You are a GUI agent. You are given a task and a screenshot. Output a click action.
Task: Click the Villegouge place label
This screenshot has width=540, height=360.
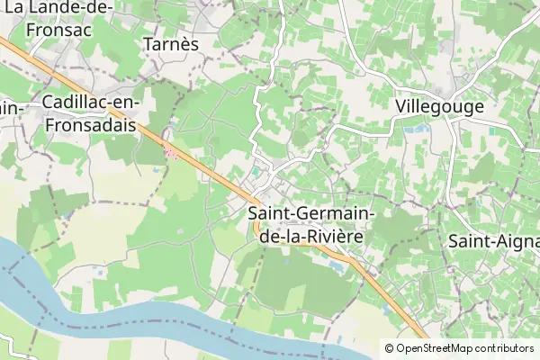click(439, 106)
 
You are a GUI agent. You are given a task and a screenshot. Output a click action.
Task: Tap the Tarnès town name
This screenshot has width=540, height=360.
click(170, 43)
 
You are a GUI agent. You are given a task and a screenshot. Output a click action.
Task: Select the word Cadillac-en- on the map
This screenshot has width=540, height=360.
click(88, 103)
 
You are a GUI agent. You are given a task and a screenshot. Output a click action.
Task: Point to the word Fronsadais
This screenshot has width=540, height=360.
click(89, 126)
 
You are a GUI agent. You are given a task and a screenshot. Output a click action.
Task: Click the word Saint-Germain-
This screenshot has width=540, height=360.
click(311, 215)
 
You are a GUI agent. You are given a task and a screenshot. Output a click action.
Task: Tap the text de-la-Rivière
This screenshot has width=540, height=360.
click(310, 238)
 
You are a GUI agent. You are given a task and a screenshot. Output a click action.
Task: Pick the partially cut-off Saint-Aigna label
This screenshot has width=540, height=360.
click(493, 241)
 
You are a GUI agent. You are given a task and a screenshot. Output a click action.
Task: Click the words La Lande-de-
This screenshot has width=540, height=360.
click(58, 7)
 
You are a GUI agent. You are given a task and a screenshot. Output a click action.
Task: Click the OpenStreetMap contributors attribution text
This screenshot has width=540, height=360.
click(464, 348)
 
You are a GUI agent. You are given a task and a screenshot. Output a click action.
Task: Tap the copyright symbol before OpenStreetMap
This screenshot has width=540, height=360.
click(389, 348)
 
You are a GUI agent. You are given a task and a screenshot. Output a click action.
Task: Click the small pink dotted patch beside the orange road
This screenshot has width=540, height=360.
click(171, 154)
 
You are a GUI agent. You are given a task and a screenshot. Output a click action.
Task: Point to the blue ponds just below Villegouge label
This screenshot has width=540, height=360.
click(418, 129)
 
